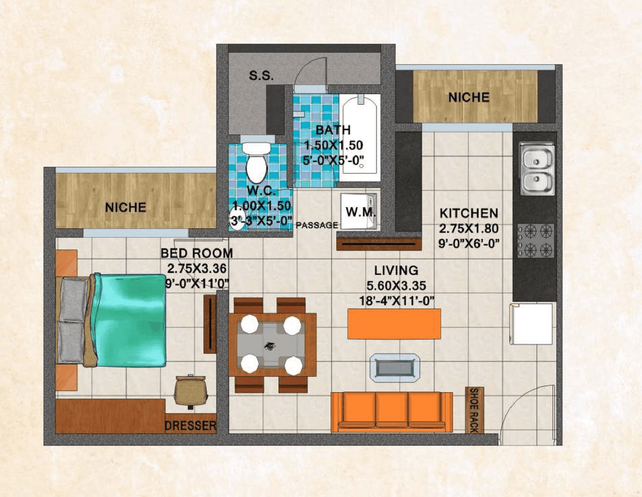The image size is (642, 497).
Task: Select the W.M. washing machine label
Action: [360, 212]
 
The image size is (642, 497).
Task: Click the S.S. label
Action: [261, 76]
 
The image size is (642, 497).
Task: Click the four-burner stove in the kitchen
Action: [536, 240]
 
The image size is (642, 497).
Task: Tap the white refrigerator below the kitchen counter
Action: [532, 323]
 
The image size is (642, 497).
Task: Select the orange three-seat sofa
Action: [392, 411]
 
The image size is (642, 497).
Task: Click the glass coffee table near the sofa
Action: [395, 368]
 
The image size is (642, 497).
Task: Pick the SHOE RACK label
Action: [473, 410]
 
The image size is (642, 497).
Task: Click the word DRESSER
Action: [191, 426]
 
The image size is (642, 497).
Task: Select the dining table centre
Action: [271, 345]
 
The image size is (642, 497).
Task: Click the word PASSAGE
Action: [317, 225]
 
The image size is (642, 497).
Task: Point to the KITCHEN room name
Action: [469, 213]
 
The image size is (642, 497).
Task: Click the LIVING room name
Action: [396, 270]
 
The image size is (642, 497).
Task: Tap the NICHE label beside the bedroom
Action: [125, 207]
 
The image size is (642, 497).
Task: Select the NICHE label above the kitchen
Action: [469, 97]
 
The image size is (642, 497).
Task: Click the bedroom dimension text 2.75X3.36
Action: [197, 268]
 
